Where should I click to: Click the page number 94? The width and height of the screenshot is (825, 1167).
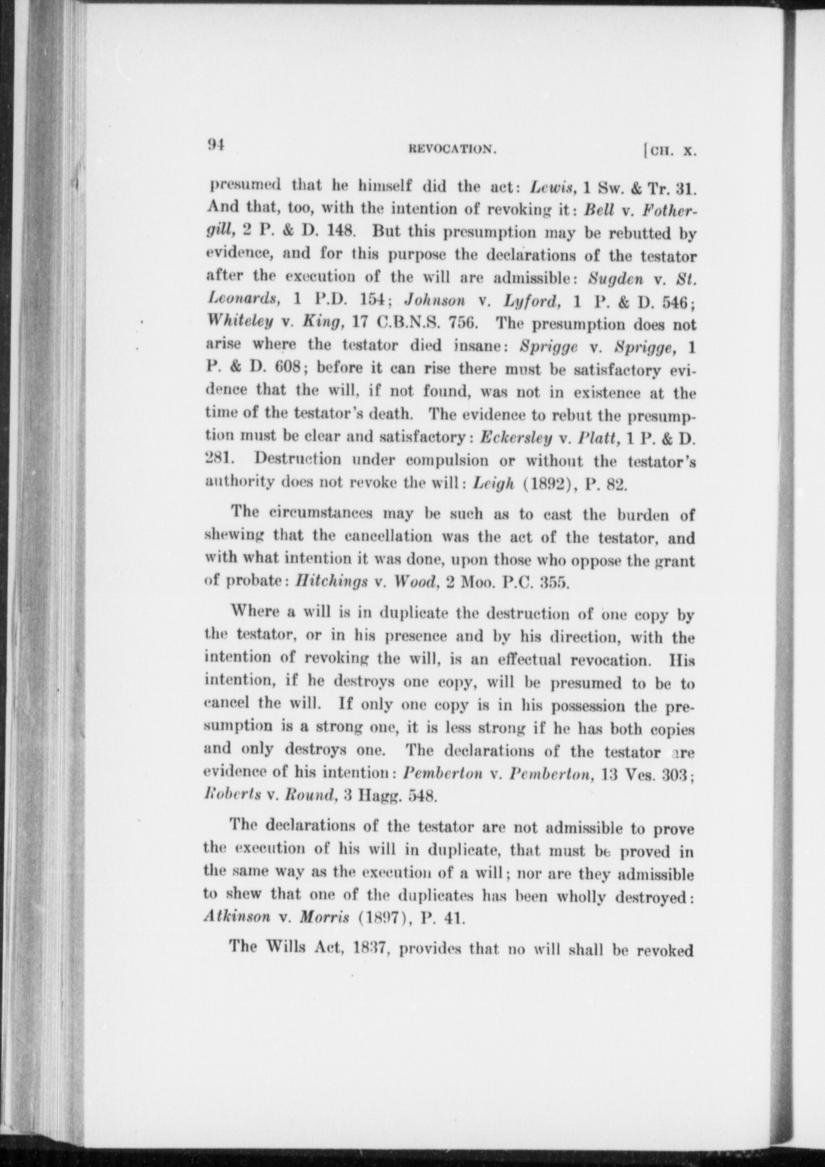pyautogui.click(x=216, y=144)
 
